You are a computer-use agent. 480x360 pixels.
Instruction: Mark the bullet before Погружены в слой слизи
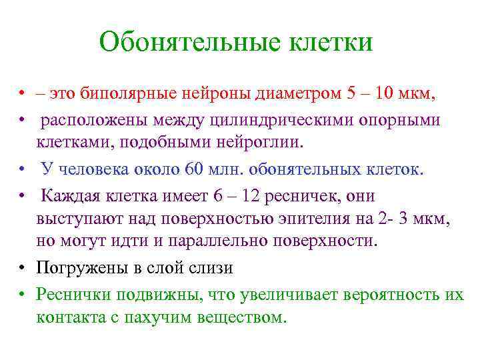pyautogui.click(x=22, y=268)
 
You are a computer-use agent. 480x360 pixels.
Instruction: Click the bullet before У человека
pyautogui.click(x=22, y=169)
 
